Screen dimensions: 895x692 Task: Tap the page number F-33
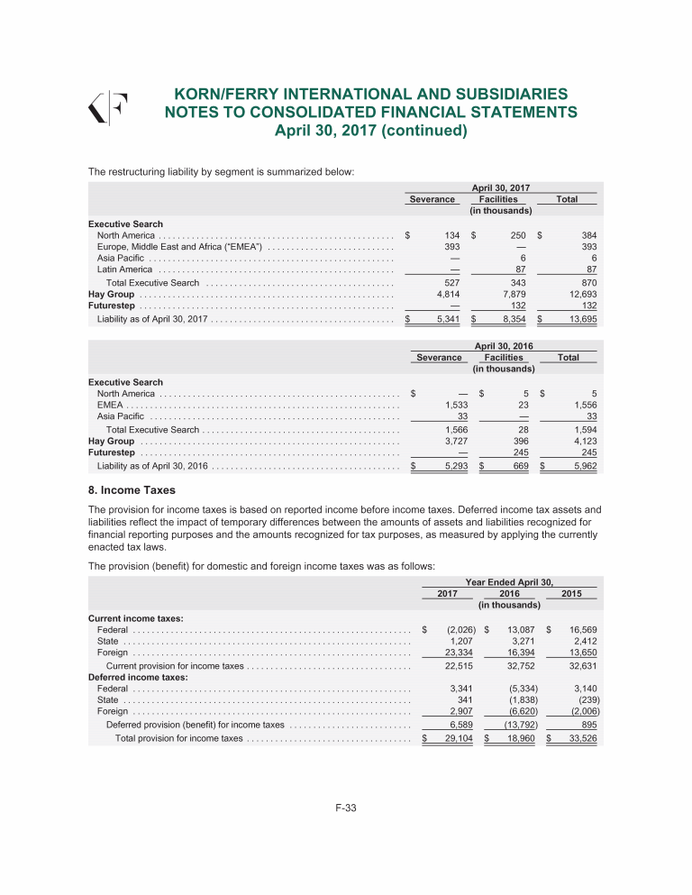pyautogui.click(x=346, y=808)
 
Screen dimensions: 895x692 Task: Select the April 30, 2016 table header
pyautogui.click(x=504, y=345)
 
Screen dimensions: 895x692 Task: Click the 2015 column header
pyautogui.click(x=571, y=594)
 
